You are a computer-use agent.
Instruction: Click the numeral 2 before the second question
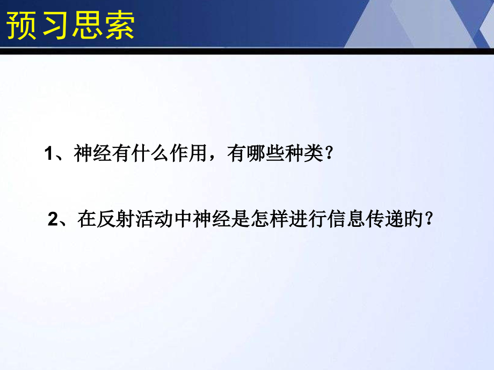point(52,219)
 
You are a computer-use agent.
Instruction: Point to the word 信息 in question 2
point(344,219)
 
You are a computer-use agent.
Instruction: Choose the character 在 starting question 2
point(86,219)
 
